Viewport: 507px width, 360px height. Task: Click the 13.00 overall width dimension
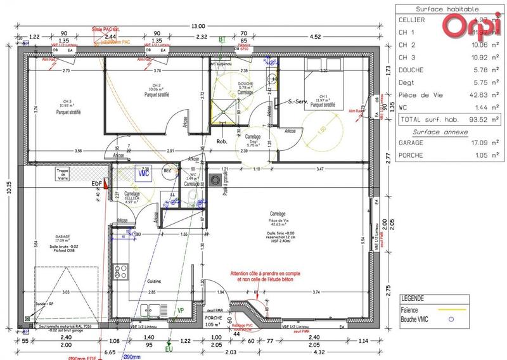(198, 26)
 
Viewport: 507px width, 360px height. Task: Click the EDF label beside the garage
(97, 184)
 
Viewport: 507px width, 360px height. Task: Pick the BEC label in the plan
(168, 171)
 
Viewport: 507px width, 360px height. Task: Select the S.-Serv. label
(298, 101)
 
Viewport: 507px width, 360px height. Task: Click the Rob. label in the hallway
(222, 141)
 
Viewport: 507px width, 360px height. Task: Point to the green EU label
(169, 349)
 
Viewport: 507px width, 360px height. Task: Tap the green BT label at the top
(222, 39)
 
